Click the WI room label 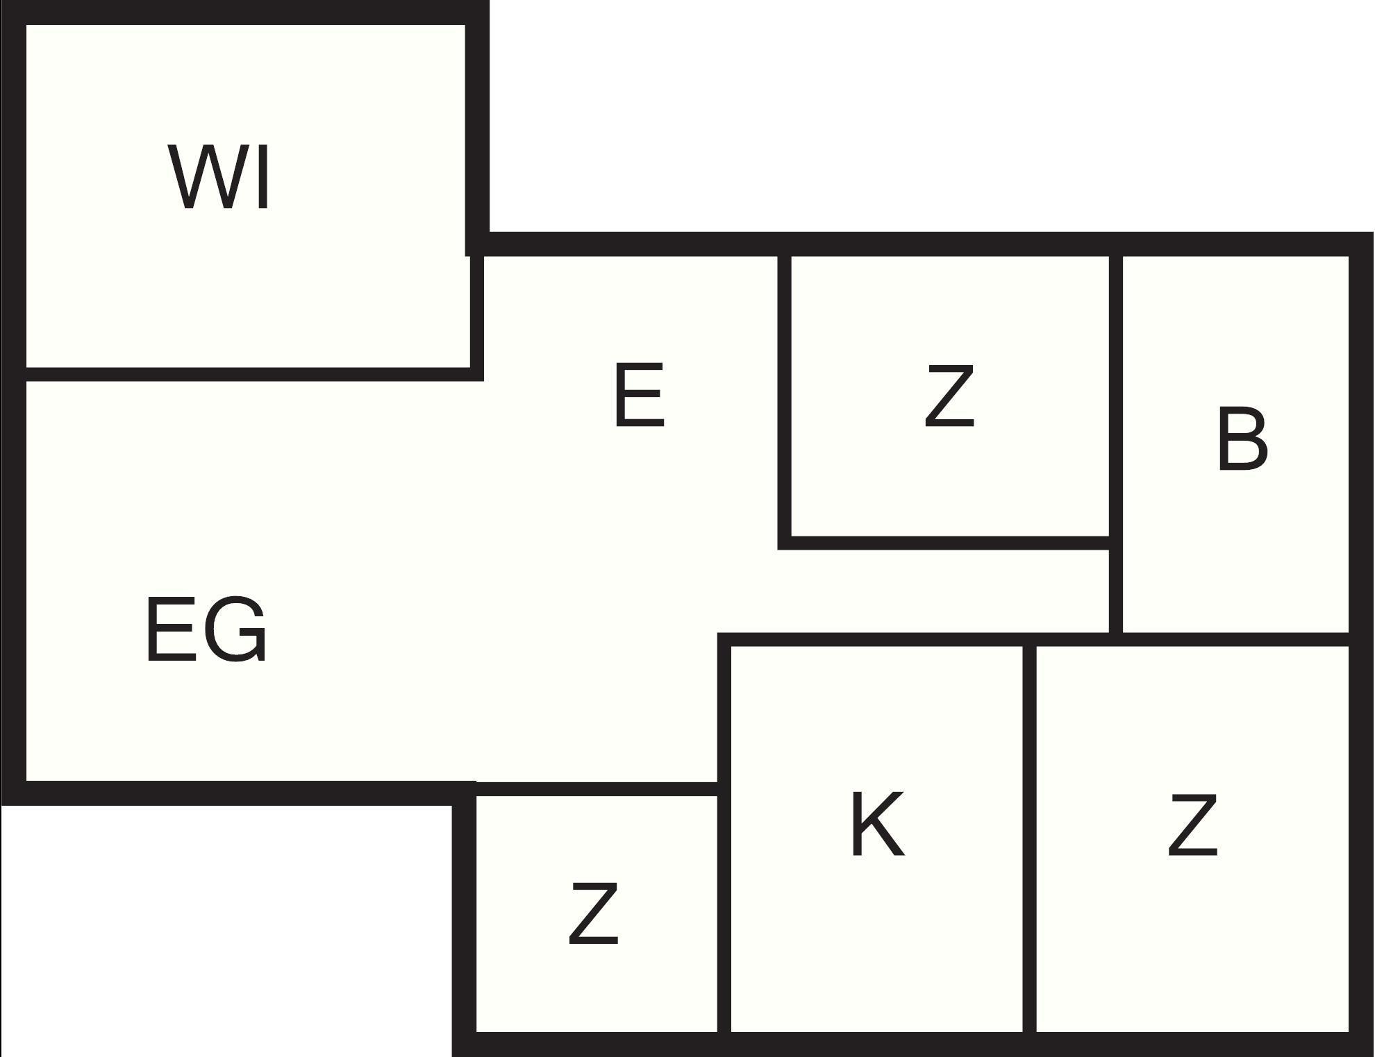(219, 177)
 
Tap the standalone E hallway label (640, 396)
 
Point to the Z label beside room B (949, 396)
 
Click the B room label (1242, 440)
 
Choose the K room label (878, 825)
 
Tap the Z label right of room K (1192, 825)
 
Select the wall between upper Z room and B (1116, 396)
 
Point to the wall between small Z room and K (724, 909)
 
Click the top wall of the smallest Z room (597, 789)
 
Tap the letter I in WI (262, 177)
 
